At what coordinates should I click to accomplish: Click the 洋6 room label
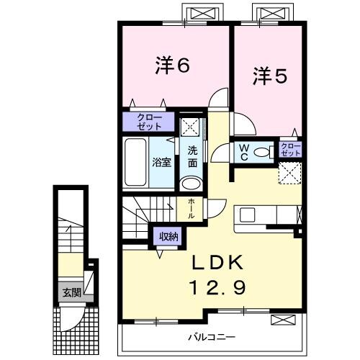[172, 67]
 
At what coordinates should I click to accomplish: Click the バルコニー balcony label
[213, 336]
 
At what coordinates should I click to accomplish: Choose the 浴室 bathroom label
[161, 162]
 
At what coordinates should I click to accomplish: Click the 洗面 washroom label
[192, 157]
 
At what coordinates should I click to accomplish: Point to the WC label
[244, 151]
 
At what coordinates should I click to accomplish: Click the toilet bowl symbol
[264, 152]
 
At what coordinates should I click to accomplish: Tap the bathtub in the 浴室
[137, 162]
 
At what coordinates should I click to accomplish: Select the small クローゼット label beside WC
[289, 150]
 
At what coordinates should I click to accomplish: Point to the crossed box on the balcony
[282, 320]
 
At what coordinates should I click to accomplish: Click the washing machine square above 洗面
[190, 125]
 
